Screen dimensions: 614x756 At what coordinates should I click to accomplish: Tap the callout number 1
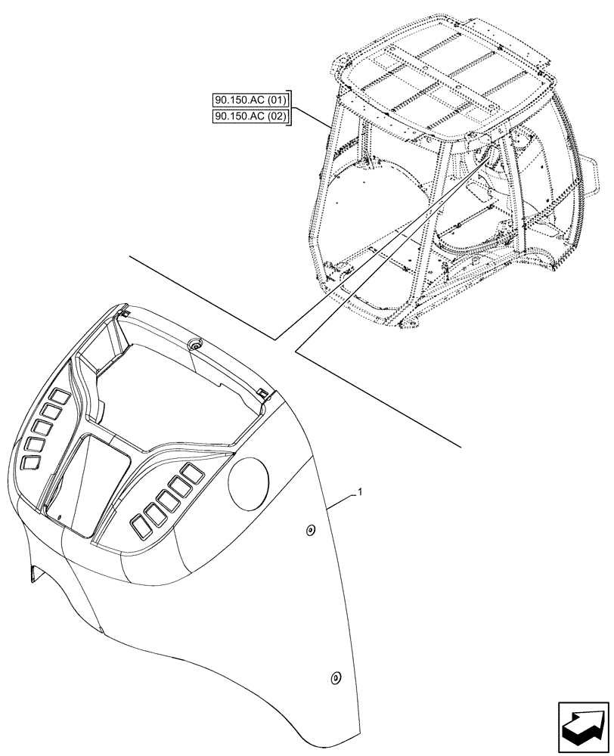click(x=361, y=492)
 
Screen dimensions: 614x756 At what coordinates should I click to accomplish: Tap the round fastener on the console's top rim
click(x=197, y=344)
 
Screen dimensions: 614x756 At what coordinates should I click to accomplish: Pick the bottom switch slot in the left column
click(x=32, y=462)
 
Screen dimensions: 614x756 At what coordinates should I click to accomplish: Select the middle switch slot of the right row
click(x=166, y=499)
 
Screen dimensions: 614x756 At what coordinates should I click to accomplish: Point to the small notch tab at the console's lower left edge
click(x=32, y=576)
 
